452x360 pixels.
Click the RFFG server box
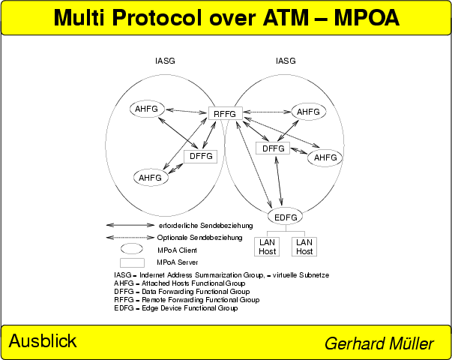224,114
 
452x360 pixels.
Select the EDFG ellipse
286,217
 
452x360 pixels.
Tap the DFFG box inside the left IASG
200,157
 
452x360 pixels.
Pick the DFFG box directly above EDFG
274,148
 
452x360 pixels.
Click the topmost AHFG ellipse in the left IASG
146,109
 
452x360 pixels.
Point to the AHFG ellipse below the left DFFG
150,178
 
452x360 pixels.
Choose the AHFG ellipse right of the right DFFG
325,157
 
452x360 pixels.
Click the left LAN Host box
268,246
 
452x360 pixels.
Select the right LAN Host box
304,246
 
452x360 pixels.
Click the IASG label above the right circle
286,61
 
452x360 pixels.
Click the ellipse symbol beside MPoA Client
132,249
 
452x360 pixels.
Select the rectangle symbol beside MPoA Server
132,262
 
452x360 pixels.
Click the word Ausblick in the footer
43,341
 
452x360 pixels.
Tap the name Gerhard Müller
379,343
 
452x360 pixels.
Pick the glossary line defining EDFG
175,308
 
